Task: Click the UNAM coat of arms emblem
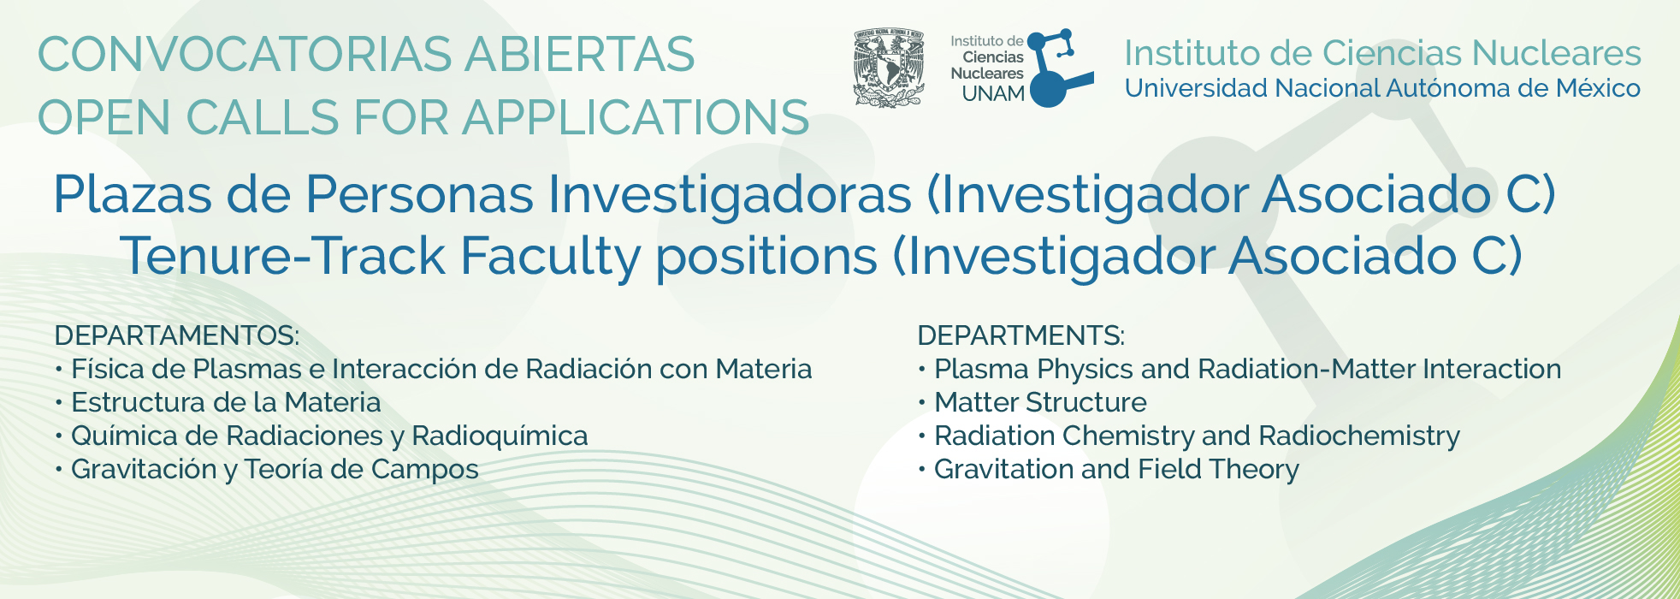tap(889, 68)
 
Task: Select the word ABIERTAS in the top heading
tap(580, 55)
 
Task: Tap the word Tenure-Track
tap(283, 256)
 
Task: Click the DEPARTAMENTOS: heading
tap(177, 335)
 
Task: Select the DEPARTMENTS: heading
tap(1021, 335)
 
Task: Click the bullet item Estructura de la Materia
tap(226, 402)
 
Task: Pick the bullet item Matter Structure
tap(1040, 402)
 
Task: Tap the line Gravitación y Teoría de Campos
tap(275, 470)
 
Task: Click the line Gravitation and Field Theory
tap(1116, 470)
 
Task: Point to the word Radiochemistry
tap(1359, 436)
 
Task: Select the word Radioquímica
tap(500, 436)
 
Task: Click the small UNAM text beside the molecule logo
tap(993, 94)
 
